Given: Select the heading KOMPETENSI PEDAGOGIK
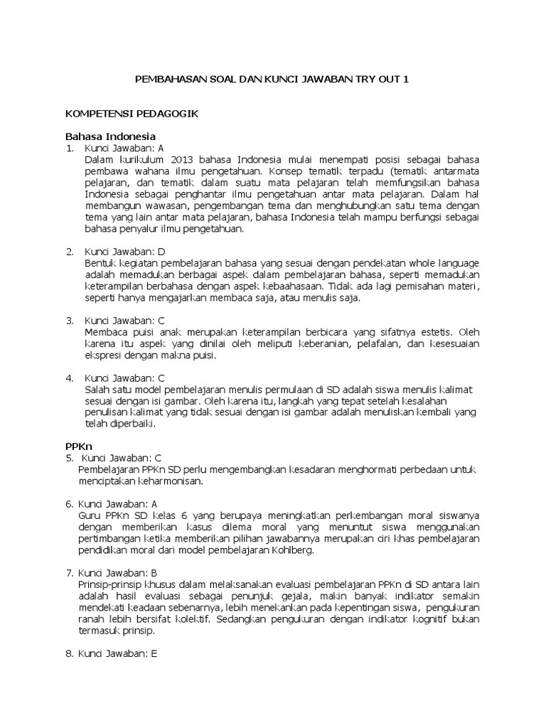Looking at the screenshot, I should point(132,113).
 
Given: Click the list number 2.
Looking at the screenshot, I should point(70,251).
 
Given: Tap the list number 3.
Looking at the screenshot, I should point(70,320).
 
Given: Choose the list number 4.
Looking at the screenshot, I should point(70,378).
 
